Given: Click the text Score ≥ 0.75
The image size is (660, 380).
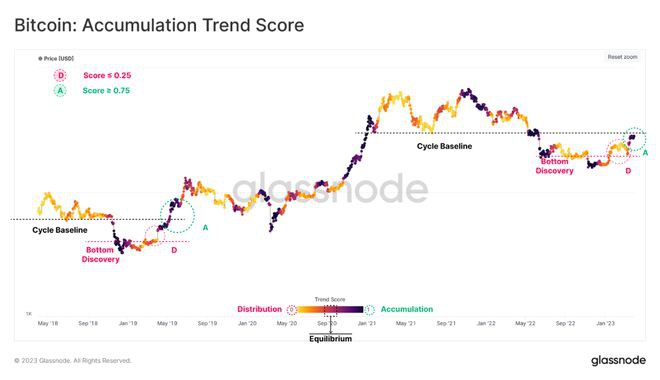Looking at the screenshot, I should coord(105,90).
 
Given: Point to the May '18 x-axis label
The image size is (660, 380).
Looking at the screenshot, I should coord(48,324).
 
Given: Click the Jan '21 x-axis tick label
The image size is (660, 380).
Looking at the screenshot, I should coord(366,324).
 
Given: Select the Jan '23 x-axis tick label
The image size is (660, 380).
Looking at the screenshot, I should coord(606,324).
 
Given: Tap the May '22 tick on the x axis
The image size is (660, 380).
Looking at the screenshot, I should coord(527,324).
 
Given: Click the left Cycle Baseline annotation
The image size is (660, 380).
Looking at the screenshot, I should coord(59,230).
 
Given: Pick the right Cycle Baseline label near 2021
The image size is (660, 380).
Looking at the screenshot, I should coord(444,146).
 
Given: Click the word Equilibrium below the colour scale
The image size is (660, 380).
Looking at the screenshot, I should coord(329,338).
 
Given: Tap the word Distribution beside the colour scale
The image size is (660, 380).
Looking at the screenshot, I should coord(259,309).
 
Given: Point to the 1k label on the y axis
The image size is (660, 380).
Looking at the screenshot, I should coord(28,314).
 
